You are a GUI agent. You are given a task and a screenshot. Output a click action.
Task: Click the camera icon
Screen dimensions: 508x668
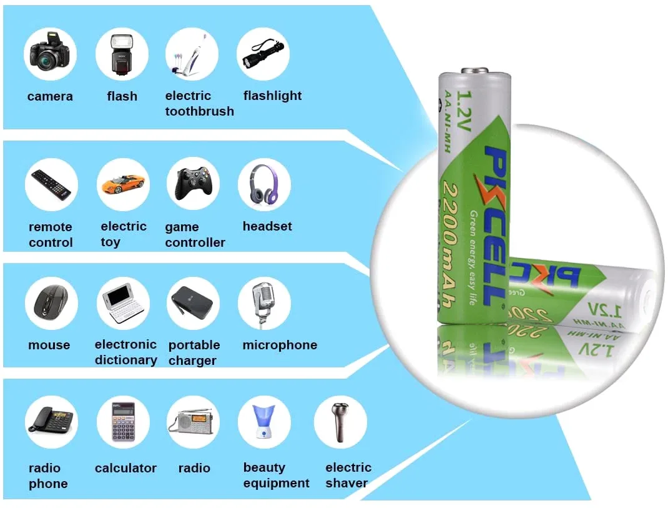pos(50,55)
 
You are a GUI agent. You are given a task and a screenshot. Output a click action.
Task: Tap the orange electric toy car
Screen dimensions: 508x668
pos(122,183)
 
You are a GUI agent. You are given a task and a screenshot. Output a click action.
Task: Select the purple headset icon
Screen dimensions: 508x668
pos(264,183)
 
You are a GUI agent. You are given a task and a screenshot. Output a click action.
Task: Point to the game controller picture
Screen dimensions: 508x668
pos(194,183)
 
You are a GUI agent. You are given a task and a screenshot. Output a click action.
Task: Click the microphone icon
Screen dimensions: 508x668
pos(263,303)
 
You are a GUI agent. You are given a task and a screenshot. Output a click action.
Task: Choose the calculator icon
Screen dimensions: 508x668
pos(123,422)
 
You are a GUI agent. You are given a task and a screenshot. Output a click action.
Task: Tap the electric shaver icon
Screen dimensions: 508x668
pos(340,422)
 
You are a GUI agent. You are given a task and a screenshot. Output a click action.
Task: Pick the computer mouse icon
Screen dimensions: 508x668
pos(51,303)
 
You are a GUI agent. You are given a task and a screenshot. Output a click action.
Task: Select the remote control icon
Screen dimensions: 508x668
pos(51,184)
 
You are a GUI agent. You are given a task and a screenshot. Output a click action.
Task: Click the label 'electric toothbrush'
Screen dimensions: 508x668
pos(199,104)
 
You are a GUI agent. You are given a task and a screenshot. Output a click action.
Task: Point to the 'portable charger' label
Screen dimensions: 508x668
pos(194,352)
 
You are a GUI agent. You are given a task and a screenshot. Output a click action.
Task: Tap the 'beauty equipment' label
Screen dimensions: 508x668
pos(276,476)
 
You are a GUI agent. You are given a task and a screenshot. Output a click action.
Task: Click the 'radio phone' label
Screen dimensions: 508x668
pos(47,476)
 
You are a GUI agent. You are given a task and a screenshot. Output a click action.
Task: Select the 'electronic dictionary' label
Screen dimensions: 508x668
pos(125,352)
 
